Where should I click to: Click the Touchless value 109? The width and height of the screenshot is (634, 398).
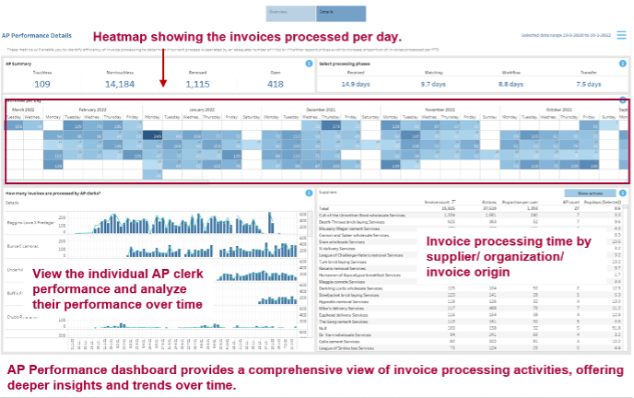coord(42,84)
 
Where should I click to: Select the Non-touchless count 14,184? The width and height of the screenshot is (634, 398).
coord(120,84)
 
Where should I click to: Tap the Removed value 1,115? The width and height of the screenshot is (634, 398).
coord(197,84)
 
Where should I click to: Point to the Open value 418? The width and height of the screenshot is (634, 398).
coord(275,84)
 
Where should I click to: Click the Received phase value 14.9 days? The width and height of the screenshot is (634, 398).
coord(355,84)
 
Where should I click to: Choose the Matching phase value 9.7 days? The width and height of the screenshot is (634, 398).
coord(432,84)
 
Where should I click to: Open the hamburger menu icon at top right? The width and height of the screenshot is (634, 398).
coord(622,35)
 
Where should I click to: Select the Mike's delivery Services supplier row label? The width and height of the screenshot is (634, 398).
coord(342,309)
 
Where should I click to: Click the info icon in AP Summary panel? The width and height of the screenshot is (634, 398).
coord(309,64)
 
